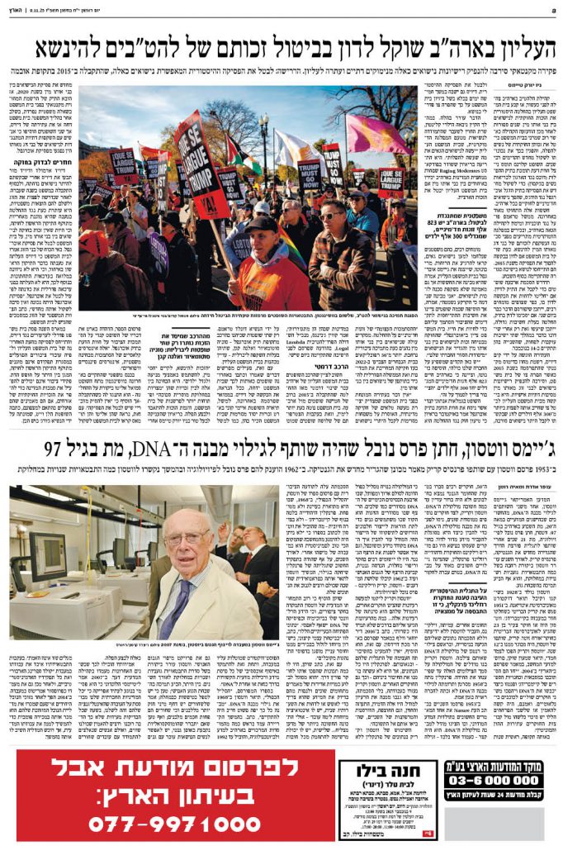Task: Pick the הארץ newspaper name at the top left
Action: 21,9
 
